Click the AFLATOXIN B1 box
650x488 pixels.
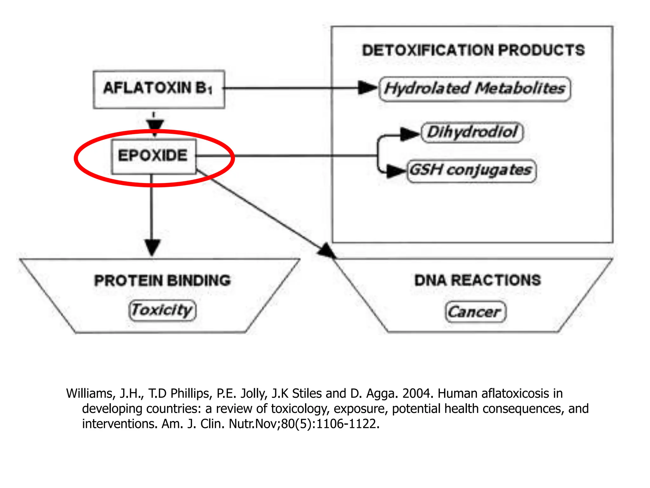[x=159, y=89]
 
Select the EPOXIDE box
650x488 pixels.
[x=153, y=156]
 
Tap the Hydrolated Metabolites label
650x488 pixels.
[x=474, y=89]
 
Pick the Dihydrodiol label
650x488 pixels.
[x=472, y=132]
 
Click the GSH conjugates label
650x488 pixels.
[x=471, y=171]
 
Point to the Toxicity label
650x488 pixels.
[x=162, y=310]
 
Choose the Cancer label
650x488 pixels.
[x=475, y=312]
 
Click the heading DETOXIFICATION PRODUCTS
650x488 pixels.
[x=473, y=50]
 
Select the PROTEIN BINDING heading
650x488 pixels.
[x=162, y=280]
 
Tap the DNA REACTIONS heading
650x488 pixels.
[x=477, y=280]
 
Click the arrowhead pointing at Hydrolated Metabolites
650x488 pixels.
[x=367, y=88]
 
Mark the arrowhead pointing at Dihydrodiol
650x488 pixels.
[x=409, y=134]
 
